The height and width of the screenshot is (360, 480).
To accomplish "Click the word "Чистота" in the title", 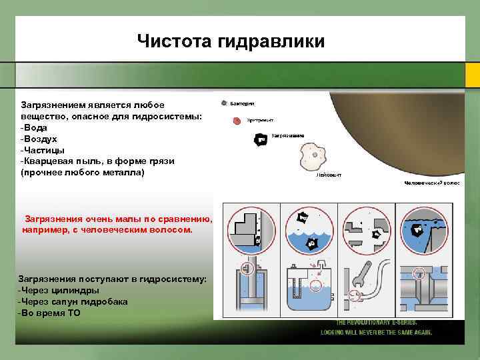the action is [175, 41].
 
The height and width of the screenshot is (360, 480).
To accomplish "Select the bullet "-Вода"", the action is [35, 127].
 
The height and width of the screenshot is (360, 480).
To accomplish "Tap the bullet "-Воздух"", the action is [39, 139].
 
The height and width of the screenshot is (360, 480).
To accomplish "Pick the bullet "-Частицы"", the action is [43, 150].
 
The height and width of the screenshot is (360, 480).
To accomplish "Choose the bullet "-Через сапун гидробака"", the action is [73, 301].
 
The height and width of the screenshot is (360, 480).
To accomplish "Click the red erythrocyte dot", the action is [237, 121].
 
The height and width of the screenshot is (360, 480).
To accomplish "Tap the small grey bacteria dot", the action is [224, 104].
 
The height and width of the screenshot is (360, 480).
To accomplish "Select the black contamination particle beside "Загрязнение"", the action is [261, 139].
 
